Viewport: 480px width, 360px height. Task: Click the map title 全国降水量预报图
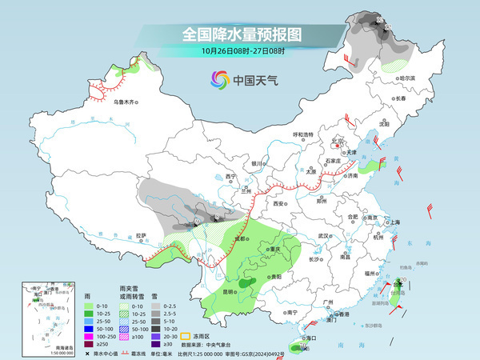241,34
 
